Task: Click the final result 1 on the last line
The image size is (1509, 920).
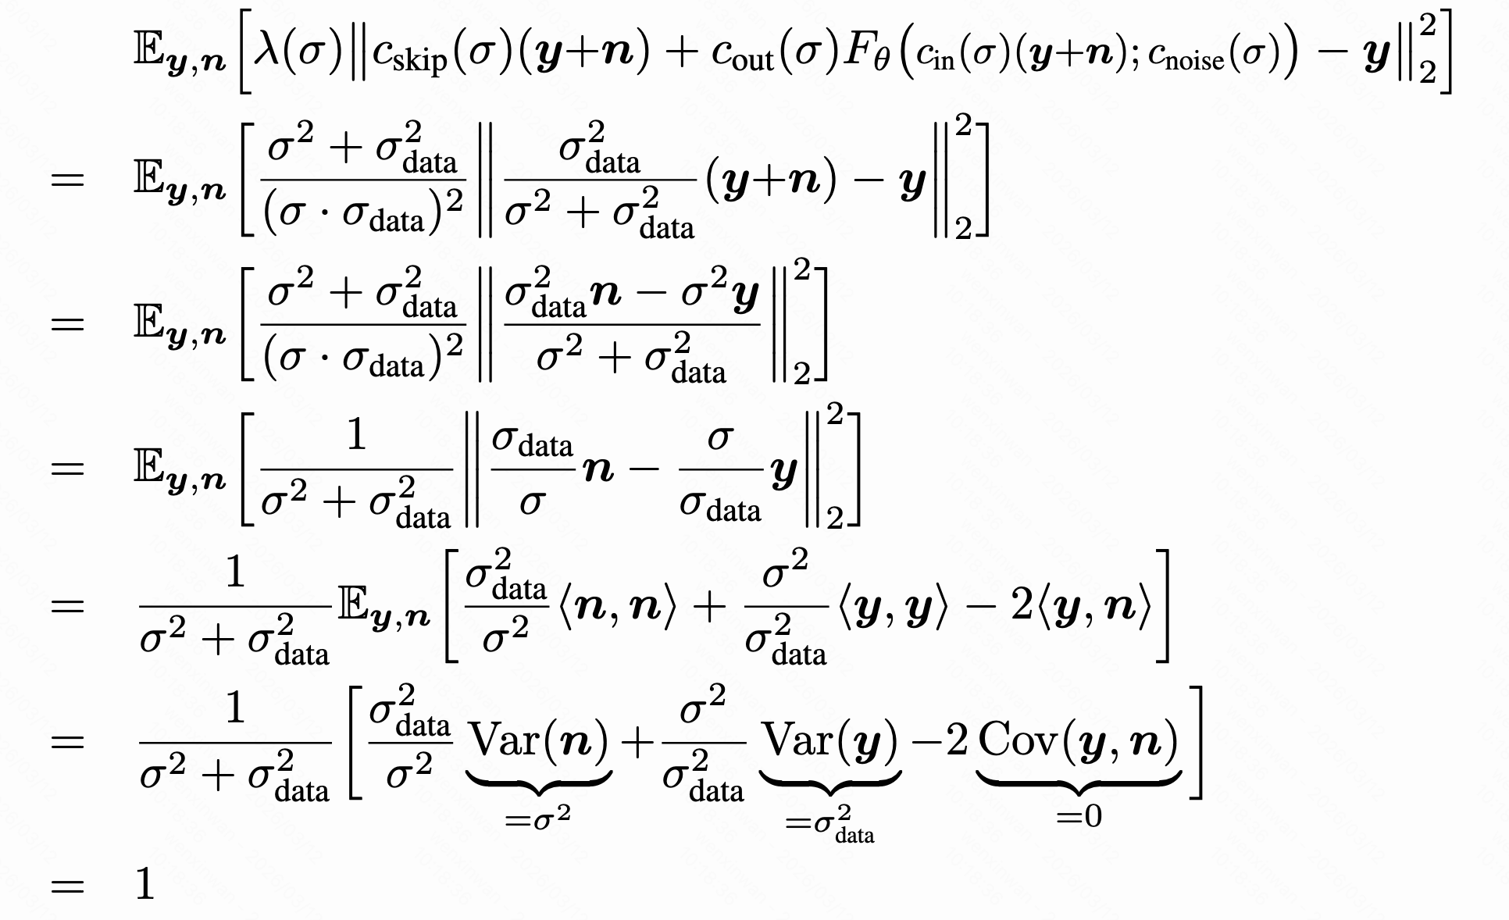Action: coord(145,885)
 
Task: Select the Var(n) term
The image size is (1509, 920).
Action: coord(539,740)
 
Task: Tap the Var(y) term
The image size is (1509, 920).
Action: coord(829,740)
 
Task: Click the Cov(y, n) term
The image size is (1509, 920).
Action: coord(1078,740)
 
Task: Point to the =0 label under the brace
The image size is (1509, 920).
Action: coord(1079,816)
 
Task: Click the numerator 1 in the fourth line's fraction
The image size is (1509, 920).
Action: coord(356,434)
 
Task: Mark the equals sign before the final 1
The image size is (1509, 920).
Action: coord(67,886)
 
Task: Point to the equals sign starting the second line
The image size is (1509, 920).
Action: coord(67,180)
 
